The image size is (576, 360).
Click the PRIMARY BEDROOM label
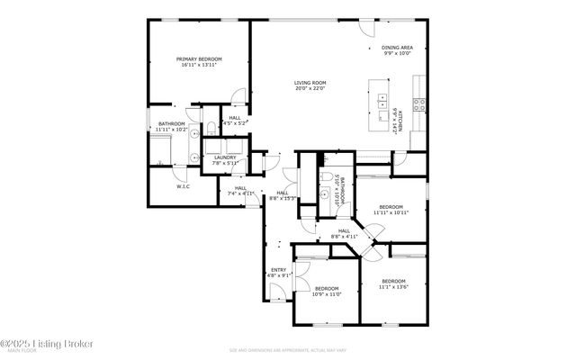[x=198, y=58]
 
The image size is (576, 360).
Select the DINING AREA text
[x=397, y=47]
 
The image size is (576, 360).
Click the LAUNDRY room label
[x=224, y=157]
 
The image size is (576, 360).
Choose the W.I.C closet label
[x=183, y=186]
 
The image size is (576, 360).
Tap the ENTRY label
[x=278, y=270]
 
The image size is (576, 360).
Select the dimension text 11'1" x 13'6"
[x=392, y=287]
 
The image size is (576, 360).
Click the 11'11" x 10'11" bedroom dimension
[x=391, y=213]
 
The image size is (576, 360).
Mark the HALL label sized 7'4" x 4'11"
[x=240, y=188]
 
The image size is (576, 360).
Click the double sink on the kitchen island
[x=382, y=100]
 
